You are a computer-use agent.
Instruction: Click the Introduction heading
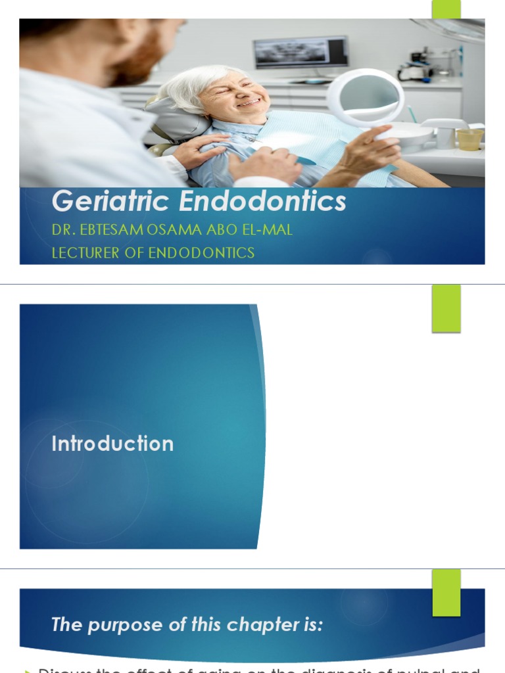coord(112,444)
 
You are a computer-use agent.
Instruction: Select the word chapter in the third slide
coord(247,624)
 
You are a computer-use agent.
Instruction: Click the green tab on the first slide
coord(446,9)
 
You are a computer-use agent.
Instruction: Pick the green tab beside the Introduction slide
coord(446,308)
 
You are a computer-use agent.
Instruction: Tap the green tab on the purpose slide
coord(446,592)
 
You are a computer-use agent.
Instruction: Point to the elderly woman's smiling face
coord(235,95)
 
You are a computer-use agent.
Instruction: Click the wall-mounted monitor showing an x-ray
coord(300,52)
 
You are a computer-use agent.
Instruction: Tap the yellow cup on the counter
coord(469,139)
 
